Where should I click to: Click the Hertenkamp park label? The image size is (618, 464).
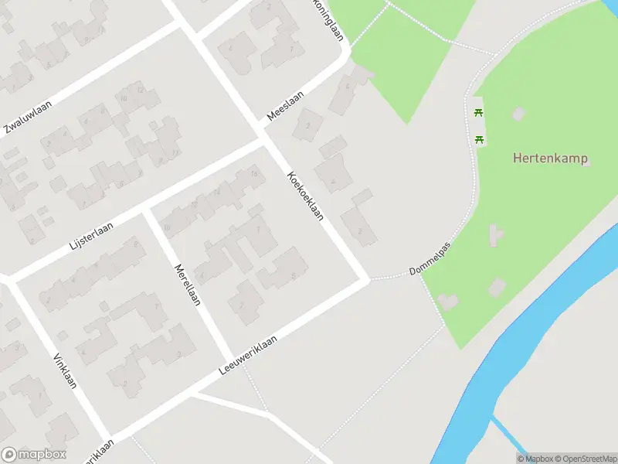coord(550,159)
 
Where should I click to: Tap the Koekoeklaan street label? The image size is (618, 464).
coord(305,196)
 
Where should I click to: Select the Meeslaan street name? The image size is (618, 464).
coord(285,106)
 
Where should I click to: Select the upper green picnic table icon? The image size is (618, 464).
coord(480,113)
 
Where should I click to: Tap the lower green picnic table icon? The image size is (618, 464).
coord(480,139)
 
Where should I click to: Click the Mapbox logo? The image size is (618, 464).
coord(33,455)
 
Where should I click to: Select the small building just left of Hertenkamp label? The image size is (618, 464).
coord(518,114)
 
